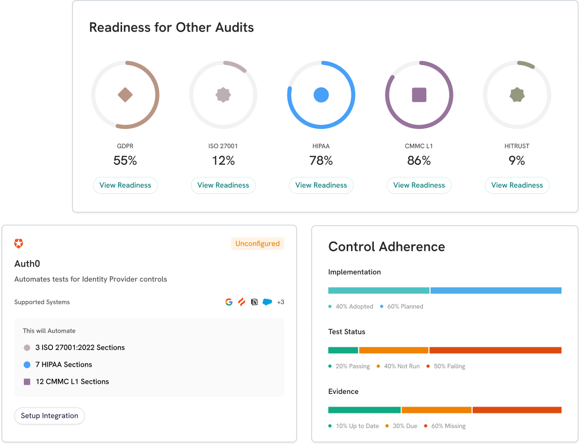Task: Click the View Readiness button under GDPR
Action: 125,185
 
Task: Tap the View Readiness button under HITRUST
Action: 517,185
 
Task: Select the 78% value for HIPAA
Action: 321,160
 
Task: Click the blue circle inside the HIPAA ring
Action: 321,95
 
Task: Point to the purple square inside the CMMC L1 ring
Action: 419,95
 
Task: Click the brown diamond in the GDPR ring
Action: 125,95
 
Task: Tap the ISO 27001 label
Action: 223,146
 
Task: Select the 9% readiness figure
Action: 517,160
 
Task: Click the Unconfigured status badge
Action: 257,244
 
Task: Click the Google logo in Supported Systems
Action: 228,302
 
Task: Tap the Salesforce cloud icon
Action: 267,302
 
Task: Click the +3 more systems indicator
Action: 281,302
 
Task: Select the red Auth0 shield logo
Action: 18,244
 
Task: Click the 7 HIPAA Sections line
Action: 63,364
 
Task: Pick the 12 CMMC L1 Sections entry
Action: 72,381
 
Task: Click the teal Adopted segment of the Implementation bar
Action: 378,290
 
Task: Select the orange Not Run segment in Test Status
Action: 393,350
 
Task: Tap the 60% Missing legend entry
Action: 447,426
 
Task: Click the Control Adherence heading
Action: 387,247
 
